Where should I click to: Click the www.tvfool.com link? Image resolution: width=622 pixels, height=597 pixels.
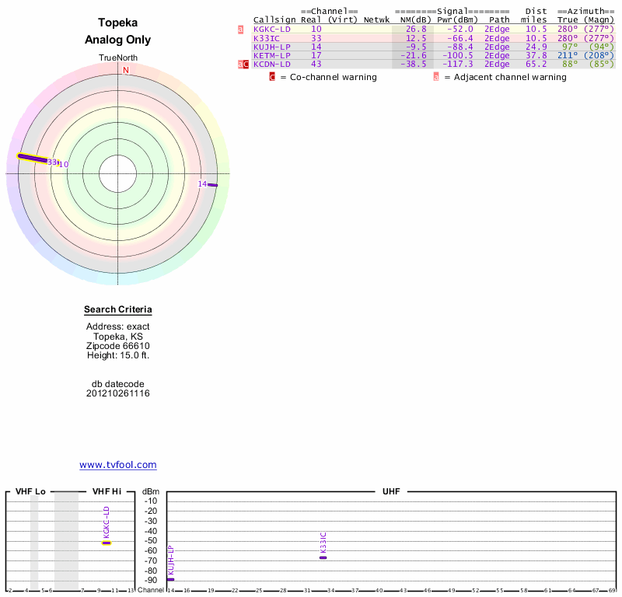coord(118,465)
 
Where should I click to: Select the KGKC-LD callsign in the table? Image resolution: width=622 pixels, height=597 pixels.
coord(272,29)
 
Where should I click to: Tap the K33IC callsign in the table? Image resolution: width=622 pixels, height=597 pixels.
coord(267,37)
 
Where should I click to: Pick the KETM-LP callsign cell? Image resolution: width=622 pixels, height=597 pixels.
coord(272,55)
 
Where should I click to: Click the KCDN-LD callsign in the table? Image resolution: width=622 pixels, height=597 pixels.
coord(272,64)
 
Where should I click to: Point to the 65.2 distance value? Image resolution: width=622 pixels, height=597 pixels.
coord(536,64)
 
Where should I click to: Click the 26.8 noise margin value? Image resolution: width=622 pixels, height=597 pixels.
coord(416,29)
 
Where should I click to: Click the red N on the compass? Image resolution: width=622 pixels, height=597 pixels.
coord(125,70)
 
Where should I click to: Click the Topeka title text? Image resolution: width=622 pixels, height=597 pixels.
coord(118,23)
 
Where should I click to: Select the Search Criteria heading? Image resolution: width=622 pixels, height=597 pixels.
coord(118,309)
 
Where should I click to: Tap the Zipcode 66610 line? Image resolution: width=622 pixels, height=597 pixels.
coord(118,346)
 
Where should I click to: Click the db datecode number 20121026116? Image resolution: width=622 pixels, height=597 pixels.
coord(118,393)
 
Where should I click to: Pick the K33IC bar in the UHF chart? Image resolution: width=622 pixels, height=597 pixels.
coord(323,557)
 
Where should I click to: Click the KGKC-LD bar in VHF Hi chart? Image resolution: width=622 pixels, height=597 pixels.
coord(107,543)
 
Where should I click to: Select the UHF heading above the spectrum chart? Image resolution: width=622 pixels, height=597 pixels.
coord(390,491)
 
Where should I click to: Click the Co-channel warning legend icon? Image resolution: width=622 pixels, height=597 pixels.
coord(272,77)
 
